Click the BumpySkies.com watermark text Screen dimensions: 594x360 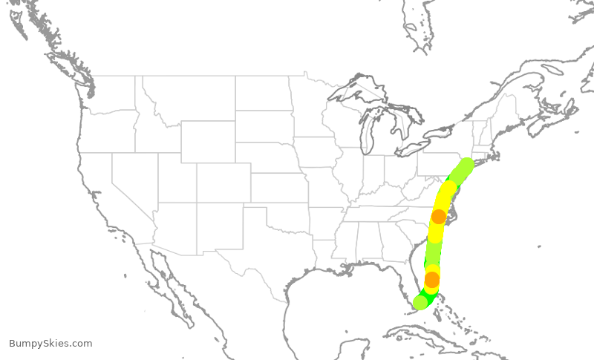(50, 344)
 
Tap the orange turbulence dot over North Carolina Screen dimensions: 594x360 (439, 217)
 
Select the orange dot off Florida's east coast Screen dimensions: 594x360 (432, 280)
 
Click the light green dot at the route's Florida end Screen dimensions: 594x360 (420, 302)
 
